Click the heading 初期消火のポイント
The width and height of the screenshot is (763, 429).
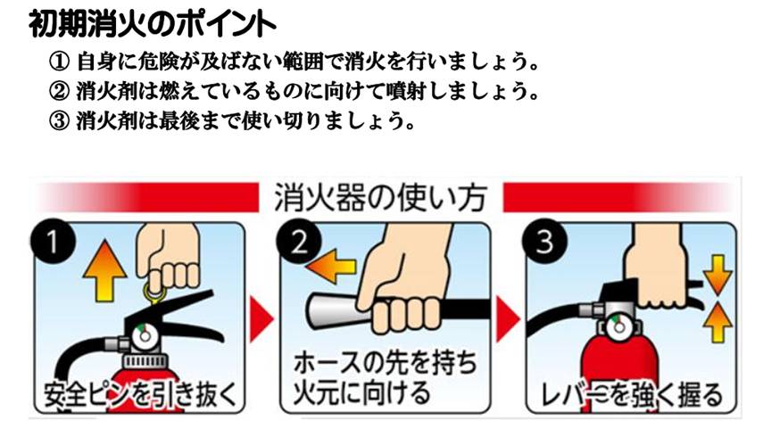click(152, 23)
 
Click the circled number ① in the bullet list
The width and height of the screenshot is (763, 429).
click(60, 62)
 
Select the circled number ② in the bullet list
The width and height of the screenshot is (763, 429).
click(60, 91)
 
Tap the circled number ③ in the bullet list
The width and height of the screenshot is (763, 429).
click(60, 120)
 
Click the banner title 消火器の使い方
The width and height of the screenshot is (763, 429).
click(380, 197)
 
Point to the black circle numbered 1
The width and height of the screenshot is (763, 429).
click(53, 242)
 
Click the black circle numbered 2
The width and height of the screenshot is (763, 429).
click(299, 242)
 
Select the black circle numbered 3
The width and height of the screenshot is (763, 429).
click(544, 242)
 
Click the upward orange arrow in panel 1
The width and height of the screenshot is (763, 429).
click(104, 272)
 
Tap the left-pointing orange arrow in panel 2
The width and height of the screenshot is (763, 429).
click(331, 266)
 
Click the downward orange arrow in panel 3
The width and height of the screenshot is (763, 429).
click(717, 276)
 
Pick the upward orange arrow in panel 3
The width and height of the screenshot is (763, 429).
click(717, 323)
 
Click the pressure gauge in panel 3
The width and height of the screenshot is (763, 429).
click(618, 326)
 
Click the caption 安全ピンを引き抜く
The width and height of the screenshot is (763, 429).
click(140, 395)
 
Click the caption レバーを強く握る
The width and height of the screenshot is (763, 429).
click(632, 395)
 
